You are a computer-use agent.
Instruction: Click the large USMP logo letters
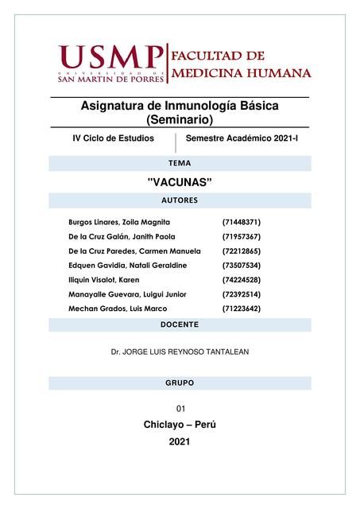pyautogui.click(x=111, y=58)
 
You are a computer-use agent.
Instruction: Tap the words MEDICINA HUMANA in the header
pyautogui.click(x=242, y=73)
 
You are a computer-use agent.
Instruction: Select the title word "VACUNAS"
pyautogui.click(x=180, y=182)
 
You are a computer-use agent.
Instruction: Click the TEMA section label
pyautogui.click(x=180, y=163)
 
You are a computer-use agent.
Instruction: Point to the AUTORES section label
pyautogui.click(x=180, y=200)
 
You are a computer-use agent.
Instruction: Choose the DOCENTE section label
pyautogui.click(x=180, y=324)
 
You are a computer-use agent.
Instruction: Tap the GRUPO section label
pyautogui.click(x=180, y=383)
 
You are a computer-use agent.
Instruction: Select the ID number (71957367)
pyautogui.click(x=241, y=237)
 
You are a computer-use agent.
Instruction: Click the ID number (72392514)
pyautogui.click(x=241, y=294)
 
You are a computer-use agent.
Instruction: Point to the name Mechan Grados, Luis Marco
pyautogui.click(x=117, y=309)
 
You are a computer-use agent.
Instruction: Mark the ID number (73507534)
pyautogui.click(x=241, y=266)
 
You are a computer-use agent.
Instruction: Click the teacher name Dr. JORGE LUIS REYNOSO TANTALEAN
pyautogui.click(x=180, y=350)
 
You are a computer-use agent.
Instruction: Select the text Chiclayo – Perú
pyautogui.click(x=180, y=425)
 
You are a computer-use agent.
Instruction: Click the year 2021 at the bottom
pyautogui.click(x=180, y=441)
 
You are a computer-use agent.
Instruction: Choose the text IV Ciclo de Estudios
pyautogui.click(x=113, y=138)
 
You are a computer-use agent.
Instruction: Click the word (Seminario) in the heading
pyautogui.click(x=180, y=119)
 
